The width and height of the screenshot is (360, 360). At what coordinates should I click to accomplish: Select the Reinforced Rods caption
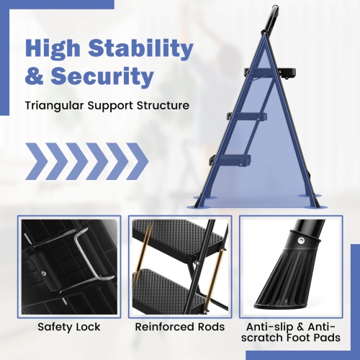[179, 327]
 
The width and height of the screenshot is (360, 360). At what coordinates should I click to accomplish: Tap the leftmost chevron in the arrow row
[40, 161]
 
